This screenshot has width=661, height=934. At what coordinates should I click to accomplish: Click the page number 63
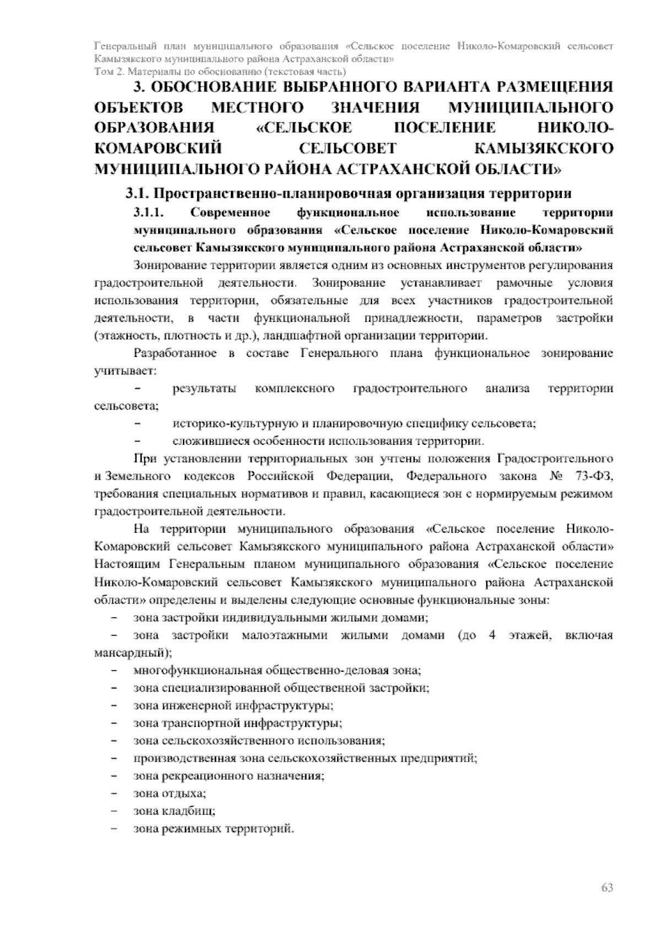[x=606, y=888]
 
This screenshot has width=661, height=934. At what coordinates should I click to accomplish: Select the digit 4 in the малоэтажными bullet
[x=492, y=636]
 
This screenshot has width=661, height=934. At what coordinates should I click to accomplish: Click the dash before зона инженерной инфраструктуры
[x=114, y=706]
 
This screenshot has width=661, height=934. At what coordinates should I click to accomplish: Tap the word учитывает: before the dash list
[x=125, y=371]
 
